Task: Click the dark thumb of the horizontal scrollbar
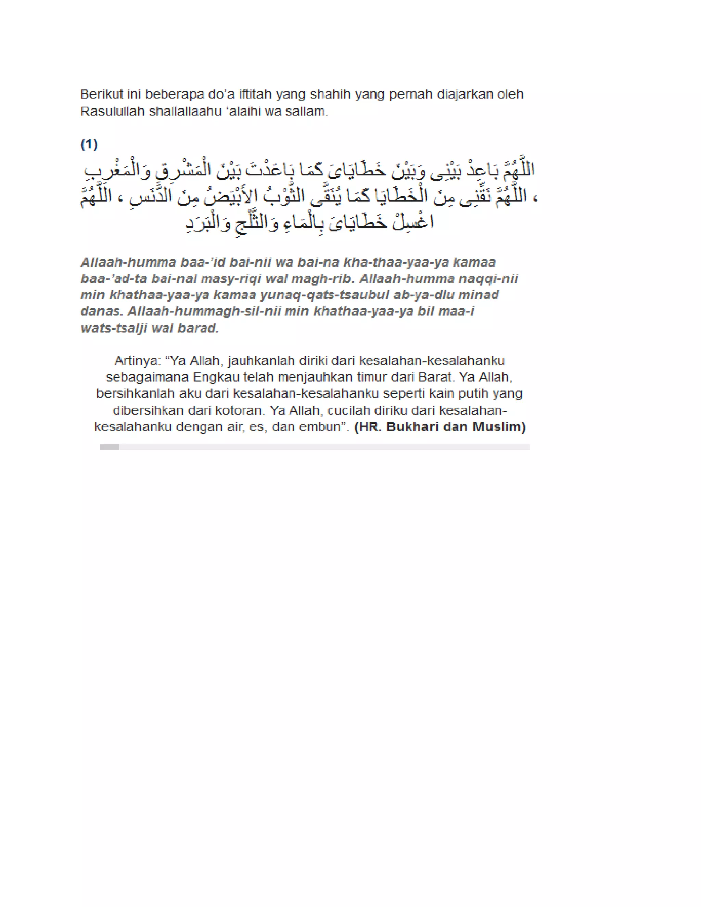click(110, 447)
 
